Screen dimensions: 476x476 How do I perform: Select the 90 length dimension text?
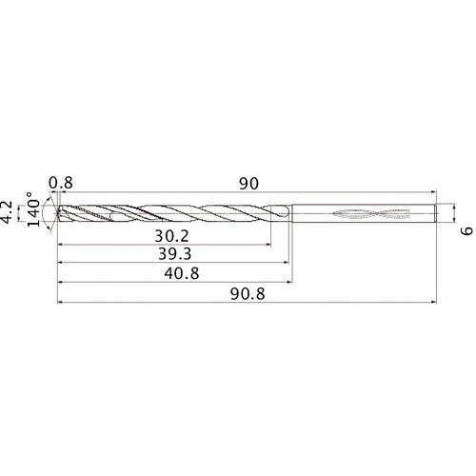point(249,183)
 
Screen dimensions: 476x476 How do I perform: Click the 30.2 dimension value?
point(170,234)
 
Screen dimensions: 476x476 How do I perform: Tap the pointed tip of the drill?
point(58,214)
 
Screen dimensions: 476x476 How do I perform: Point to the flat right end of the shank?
point(436,214)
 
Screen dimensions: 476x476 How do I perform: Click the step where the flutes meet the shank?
point(290,214)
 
